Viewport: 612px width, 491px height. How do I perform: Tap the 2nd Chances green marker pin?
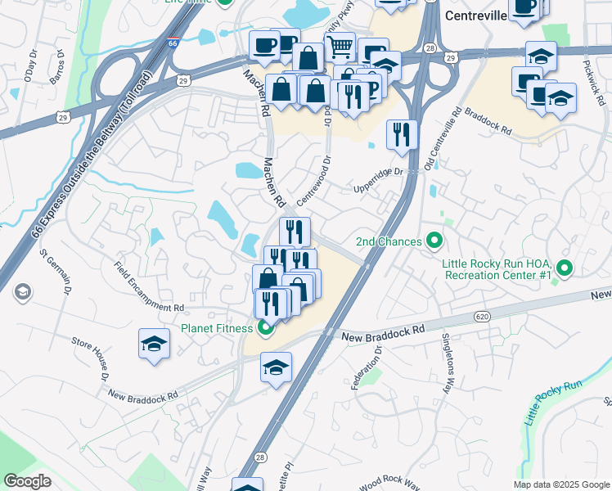pos(435,241)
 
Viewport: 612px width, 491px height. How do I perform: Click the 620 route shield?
pos(481,314)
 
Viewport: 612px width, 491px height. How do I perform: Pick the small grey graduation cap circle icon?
pos(21,291)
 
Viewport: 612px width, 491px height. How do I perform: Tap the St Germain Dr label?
pos(54,268)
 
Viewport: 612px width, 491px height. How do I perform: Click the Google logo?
pos(27,481)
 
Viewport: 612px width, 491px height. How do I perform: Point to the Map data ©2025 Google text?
pos(560,484)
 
